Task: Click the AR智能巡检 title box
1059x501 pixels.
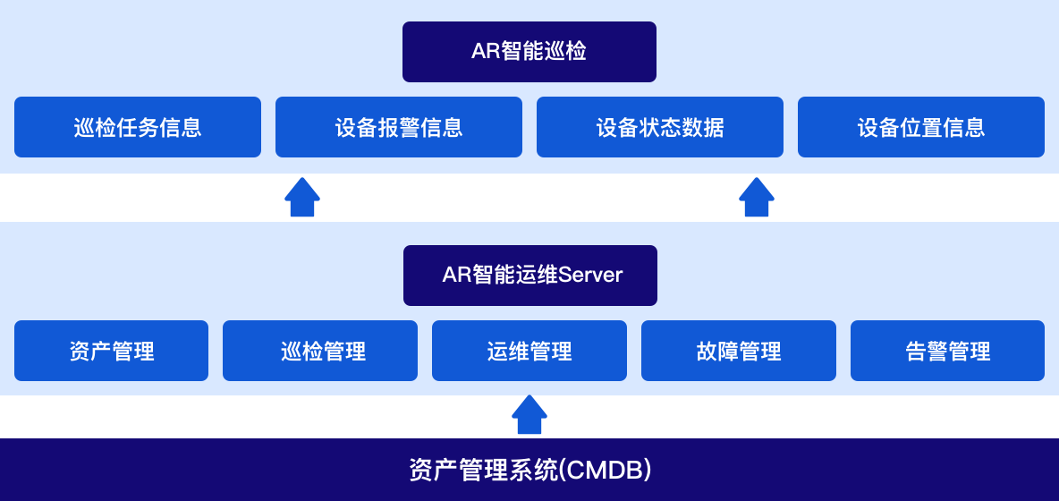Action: click(x=529, y=52)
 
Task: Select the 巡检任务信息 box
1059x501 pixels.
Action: click(x=138, y=127)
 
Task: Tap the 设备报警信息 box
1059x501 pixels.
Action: click(x=399, y=127)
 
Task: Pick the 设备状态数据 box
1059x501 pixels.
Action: click(x=660, y=127)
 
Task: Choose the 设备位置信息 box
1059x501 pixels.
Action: click(x=921, y=127)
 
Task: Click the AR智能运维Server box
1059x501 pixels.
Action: click(x=530, y=276)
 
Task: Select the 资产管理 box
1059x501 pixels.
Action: click(x=112, y=351)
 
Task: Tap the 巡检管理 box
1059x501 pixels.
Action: click(x=320, y=351)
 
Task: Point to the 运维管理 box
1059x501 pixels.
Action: click(x=529, y=351)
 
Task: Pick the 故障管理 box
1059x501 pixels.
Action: click(x=739, y=351)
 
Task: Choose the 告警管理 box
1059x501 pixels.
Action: click(x=947, y=351)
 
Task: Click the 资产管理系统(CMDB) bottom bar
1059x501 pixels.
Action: click(x=529, y=470)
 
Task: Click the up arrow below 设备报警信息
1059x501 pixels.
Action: click(x=302, y=197)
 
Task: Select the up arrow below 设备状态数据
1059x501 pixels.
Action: click(x=757, y=197)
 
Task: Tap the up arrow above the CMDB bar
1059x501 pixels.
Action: click(x=529, y=414)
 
